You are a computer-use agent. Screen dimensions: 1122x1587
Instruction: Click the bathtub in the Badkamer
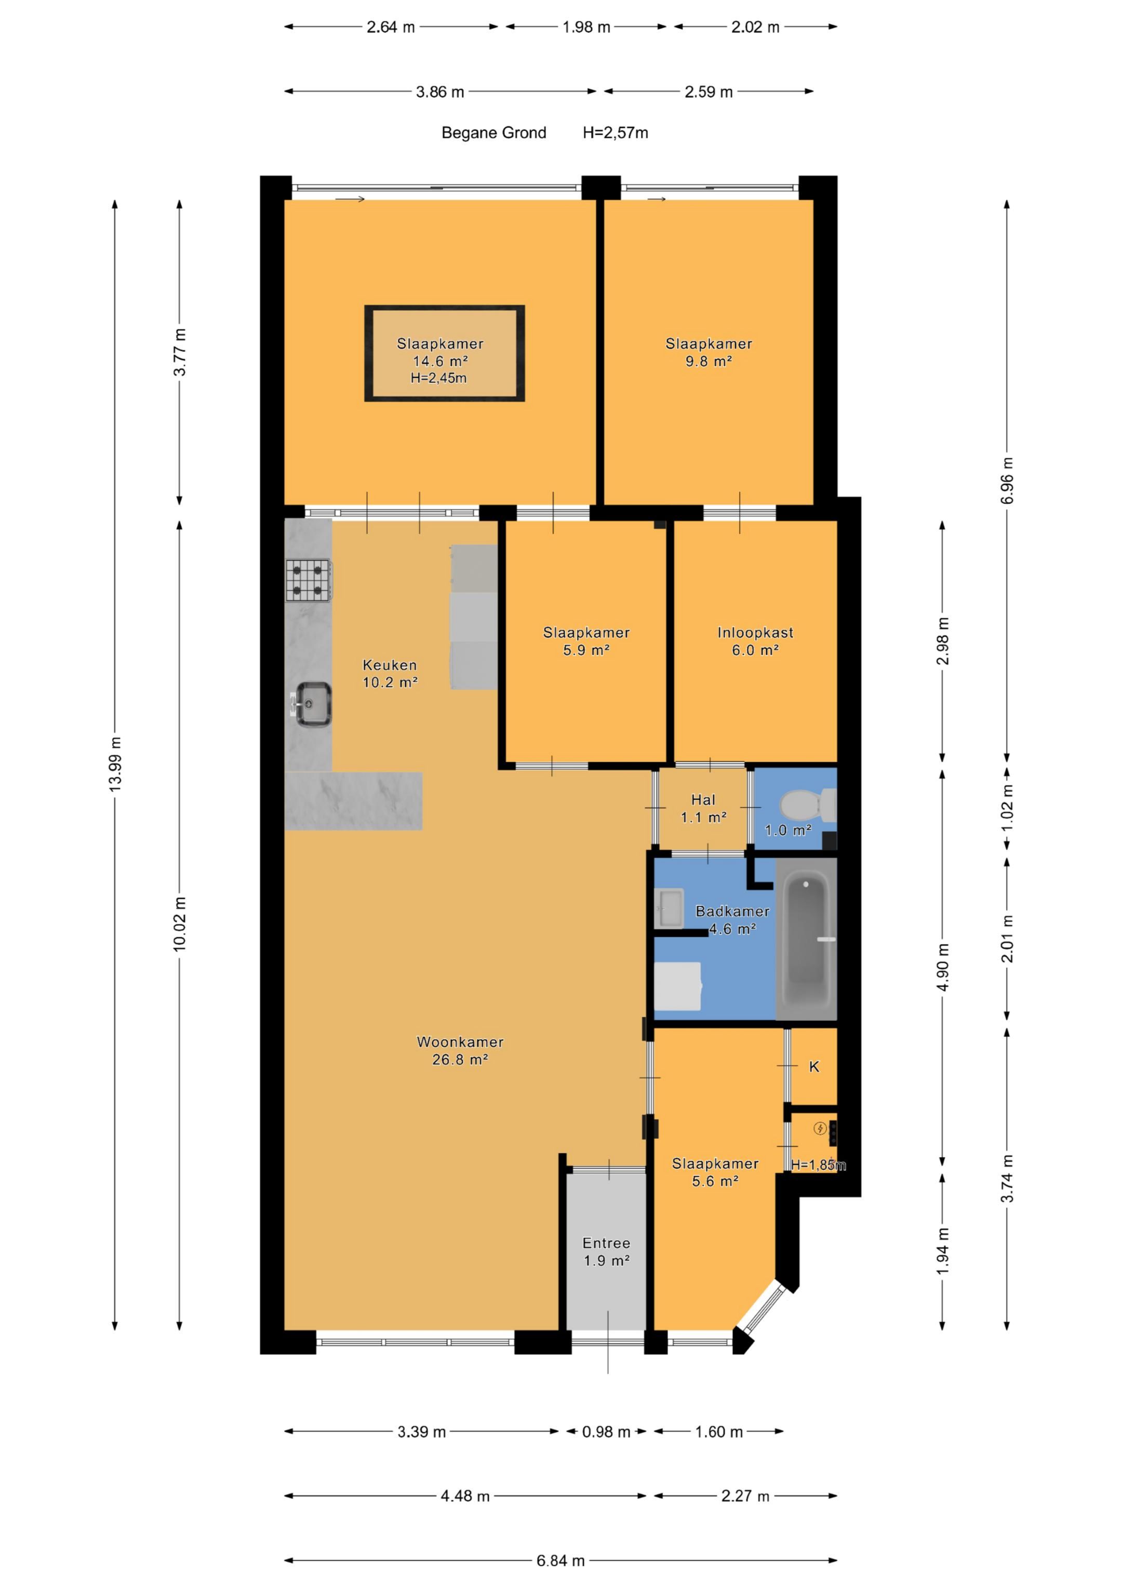click(x=806, y=938)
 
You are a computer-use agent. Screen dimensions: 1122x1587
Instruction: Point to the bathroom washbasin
click(x=669, y=908)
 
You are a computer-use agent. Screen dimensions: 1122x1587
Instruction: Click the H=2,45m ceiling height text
click(x=438, y=378)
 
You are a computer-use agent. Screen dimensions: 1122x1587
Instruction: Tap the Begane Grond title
click(x=493, y=132)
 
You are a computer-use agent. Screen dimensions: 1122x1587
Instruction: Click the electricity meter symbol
click(x=820, y=1129)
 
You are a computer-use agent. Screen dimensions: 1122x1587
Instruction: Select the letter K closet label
click(x=813, y=1066)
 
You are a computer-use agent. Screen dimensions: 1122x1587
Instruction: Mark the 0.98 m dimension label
click(x=606, y=1432)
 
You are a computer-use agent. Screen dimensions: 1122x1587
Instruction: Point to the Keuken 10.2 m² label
click(x=390, y=674)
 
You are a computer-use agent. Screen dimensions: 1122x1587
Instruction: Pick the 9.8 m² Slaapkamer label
click(x=709, y=352)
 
